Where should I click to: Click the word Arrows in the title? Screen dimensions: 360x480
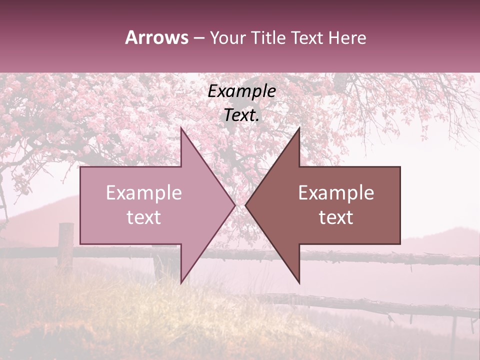click(157, 37)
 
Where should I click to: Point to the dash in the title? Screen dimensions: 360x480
click(198, 38)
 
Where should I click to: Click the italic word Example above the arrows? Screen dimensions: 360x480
click(242, 91)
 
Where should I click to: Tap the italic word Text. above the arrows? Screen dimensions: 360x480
click(242, 115)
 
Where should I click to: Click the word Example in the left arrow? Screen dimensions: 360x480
click(144, 193)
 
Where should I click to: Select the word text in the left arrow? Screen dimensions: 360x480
click(144, 217)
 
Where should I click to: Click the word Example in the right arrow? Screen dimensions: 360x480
click(336, 193)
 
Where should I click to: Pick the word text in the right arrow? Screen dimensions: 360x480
click(336, 217)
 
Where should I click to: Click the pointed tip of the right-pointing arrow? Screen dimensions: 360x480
click(235, 205)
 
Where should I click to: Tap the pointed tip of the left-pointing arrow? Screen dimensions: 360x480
click(245, 205)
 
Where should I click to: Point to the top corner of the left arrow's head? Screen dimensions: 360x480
click(181, 128)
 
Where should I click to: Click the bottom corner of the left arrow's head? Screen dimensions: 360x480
click(181, 283)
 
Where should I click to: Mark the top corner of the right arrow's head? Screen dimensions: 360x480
click(299, 128)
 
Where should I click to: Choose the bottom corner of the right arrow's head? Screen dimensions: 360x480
click(299, 283)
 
